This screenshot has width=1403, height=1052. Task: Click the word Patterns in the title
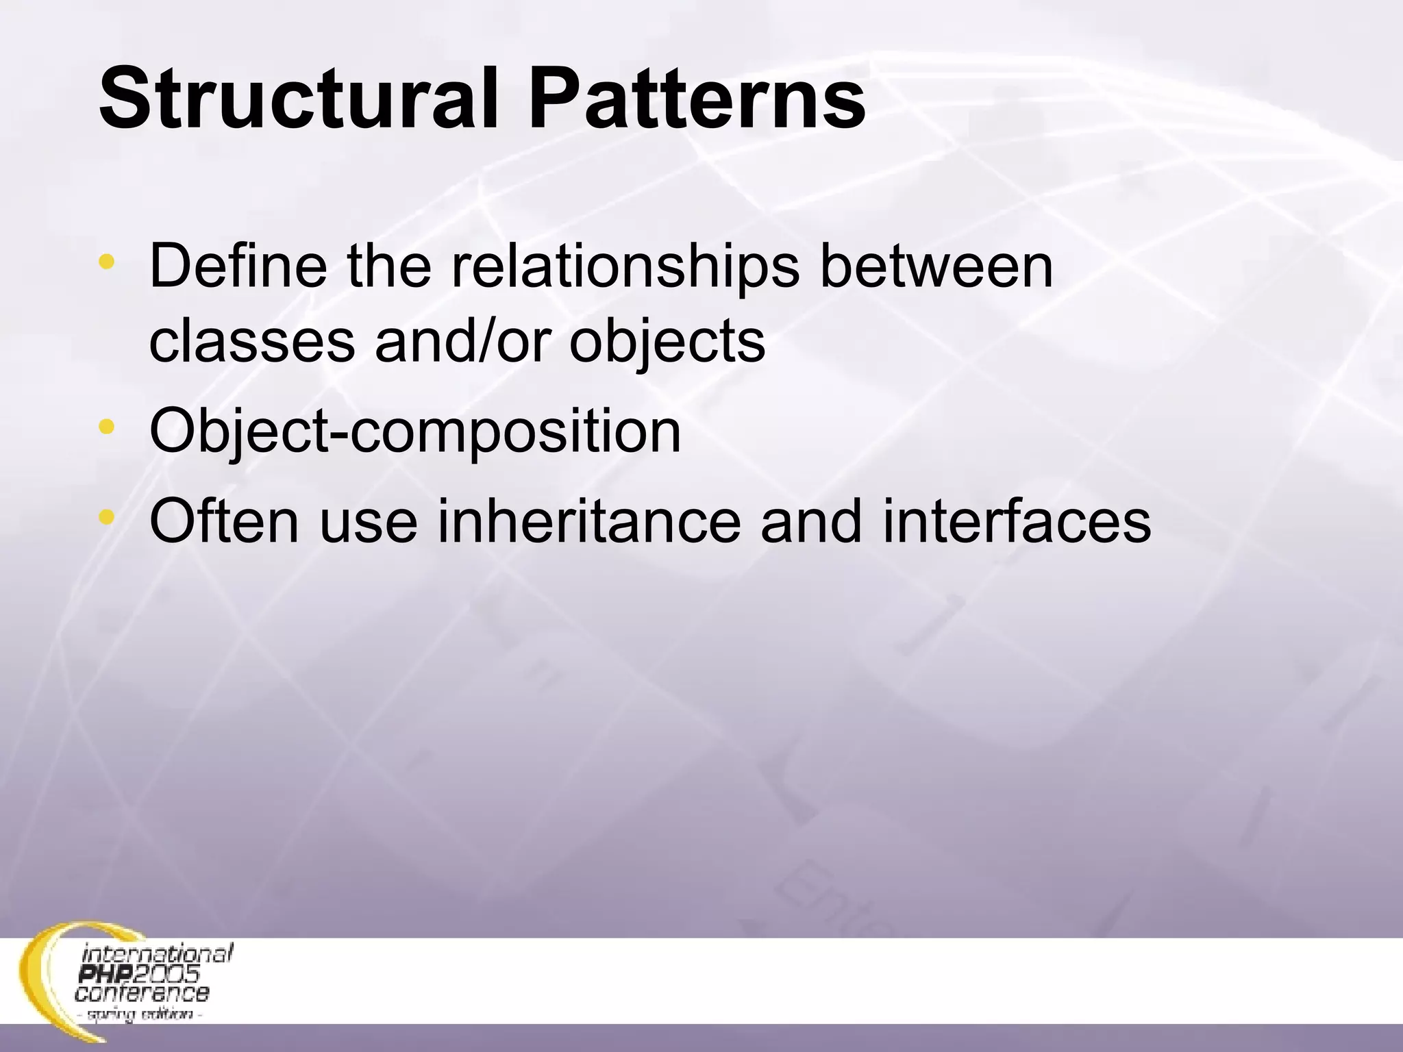click(697, 100)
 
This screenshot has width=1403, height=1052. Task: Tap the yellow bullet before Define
click(105, 261)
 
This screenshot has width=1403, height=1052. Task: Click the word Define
click(237, 266)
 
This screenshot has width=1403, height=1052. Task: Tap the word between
click(936, 266)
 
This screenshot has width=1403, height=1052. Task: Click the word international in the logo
click(158, 954)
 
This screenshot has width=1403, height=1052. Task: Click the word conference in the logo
click(141, 992)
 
